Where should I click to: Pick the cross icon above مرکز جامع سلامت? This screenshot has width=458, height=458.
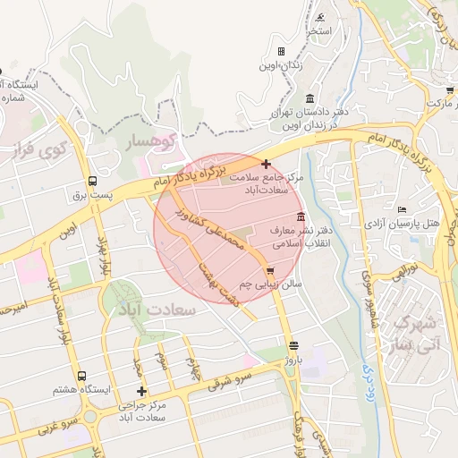[266, 164]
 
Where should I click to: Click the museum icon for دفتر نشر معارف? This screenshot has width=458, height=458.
[299, 217]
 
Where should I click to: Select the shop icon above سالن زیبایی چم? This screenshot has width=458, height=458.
[269, 271]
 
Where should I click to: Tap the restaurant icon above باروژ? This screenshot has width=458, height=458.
[293, 345]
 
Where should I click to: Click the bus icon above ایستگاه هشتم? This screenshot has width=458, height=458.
[82, 377]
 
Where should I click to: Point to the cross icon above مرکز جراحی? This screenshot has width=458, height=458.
[140, 391]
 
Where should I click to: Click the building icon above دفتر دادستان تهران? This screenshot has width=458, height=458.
[310, 98]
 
